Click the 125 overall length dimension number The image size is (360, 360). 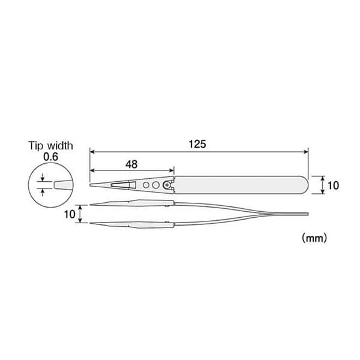[x=198, y=144]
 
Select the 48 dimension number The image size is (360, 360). [x=131, y=163]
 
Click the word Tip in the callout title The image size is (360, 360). [x=37, y=145]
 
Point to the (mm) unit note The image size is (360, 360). [x=314, y=238]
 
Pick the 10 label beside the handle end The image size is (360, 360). [x=333, y=185]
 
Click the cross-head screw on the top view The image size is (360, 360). [x=166, y=185]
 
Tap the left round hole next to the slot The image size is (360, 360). [x=146, y=185]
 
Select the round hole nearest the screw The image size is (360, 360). [x=155, y=185]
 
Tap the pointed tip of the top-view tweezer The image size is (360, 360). [x=91, y=185]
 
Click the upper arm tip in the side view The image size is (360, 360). [x=91, y=204]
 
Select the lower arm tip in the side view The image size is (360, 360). [x=91, y=224]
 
